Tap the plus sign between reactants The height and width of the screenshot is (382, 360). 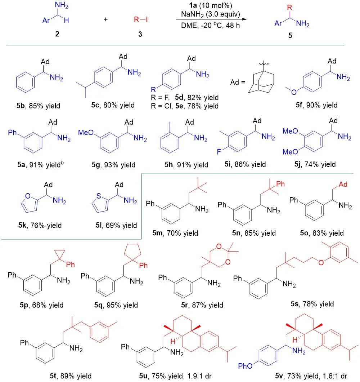tap(105, 19)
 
